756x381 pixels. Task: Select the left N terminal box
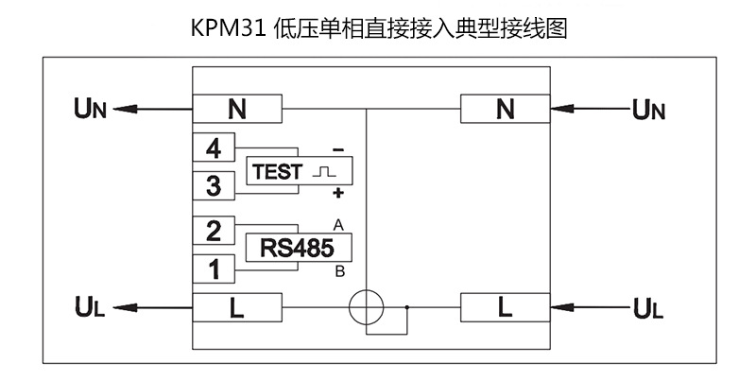(237, 110)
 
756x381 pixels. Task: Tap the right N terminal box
(506, 110)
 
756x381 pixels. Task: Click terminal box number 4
(214, 148)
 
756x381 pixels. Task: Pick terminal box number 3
(214, 185)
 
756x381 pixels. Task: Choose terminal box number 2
(214, 231)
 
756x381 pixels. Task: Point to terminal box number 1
(214, 269)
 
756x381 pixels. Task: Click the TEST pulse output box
(297, 171)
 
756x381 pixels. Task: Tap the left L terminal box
(237, 307)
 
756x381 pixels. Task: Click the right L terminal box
(506, 307)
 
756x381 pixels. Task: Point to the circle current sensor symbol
(367, 307)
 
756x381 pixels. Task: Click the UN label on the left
(93, 110)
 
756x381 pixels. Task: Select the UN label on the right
(650, 110)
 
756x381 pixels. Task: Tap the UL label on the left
(92, 307)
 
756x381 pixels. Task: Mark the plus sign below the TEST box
(337, 194)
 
